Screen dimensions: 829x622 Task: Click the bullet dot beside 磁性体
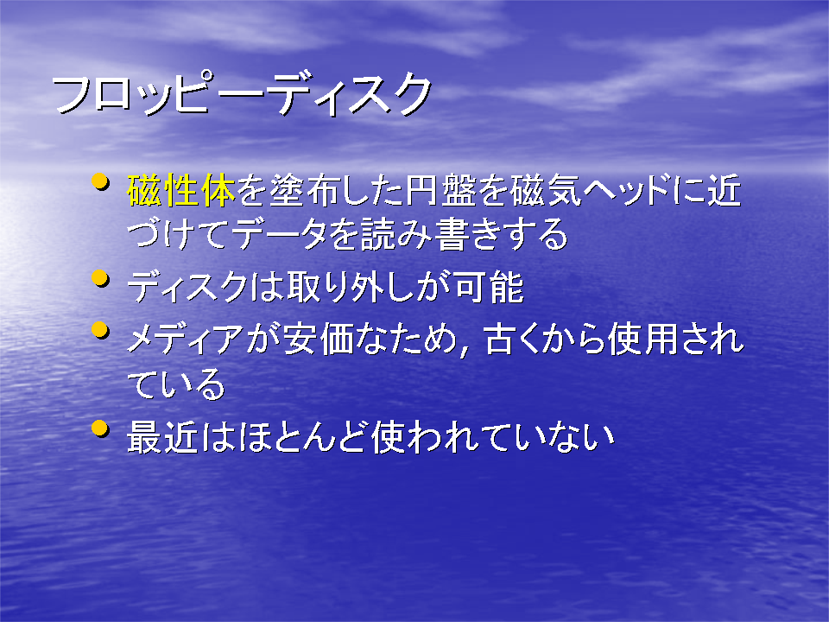coord(100,182)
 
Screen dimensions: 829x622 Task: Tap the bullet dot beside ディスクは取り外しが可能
coord(100,278)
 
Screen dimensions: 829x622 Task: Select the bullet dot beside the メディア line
coord(100,330)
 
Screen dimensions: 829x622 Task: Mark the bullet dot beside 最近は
coord(100,428)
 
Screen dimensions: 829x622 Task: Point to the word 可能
coord(489,287)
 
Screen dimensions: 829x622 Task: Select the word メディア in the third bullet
coord(185,339)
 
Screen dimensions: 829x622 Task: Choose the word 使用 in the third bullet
coord(643,339)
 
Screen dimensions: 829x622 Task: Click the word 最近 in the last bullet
coord(162,437)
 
